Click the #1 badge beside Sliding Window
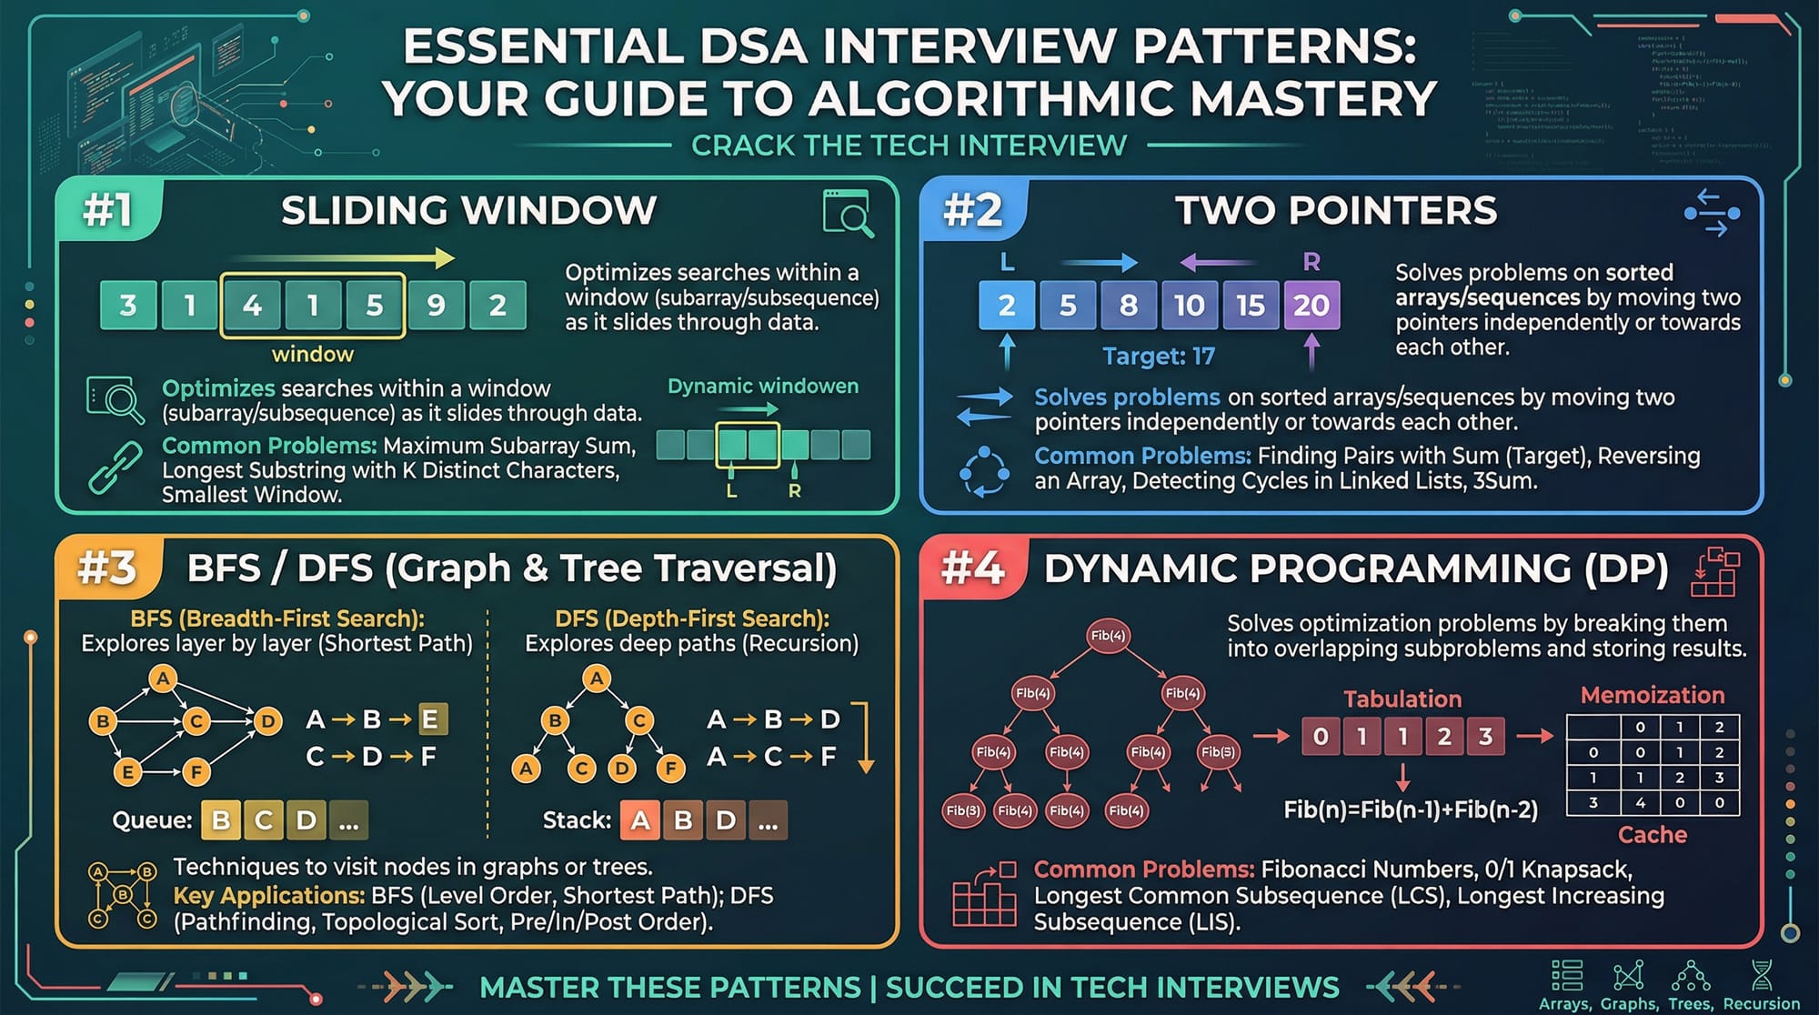click(x=108, y=211)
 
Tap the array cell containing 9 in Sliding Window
click(x=436, y=306)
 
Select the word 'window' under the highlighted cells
click(x=312, y=354)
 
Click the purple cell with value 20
click(x=1311, y=306)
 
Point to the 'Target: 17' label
click(x=1158, y=356)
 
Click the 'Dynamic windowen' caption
click(x=762, y=386)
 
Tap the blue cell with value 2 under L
click(x=1006, y=306)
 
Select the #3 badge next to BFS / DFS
click(x=107, y=568)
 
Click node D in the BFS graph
click(x=266, y=721)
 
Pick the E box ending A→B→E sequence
click(x=430, y=719)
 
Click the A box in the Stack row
click(x=640, y=820)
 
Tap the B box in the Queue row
click(x=221, y=820)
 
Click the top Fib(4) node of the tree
click(x=1107, y=636)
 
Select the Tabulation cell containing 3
click(x=1485, y=736)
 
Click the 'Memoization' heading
click(x=1652, y=695)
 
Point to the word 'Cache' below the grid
click(x=1652, y=834)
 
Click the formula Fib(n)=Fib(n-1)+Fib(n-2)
click(x=1410, y=809)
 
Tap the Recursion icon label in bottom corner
click(x=1761, y=1003)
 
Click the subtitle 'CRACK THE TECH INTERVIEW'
click(x=909, y=146)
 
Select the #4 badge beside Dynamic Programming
click(x=972, y=568)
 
